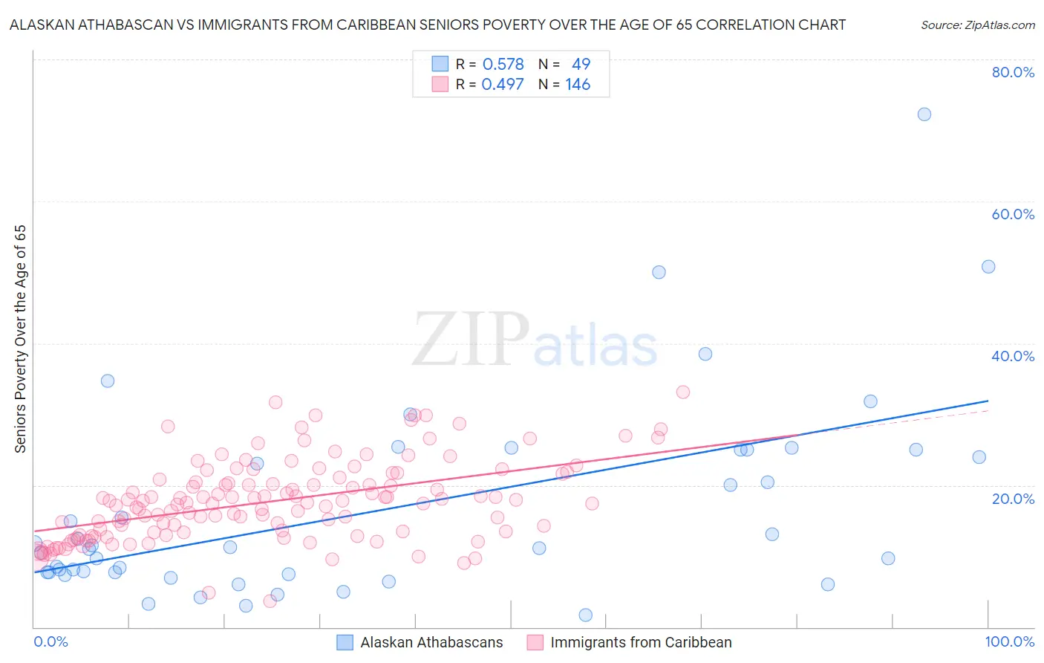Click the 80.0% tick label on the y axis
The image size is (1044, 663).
tap(1013, 72)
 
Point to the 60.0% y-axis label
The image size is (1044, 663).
tap(1013, 214)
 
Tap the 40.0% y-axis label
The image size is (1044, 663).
tap(1013, 356)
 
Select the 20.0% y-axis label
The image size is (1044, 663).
tap(1013, 498)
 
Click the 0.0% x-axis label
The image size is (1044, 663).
tap(50, 641)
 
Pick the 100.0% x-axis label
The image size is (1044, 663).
tap(1009, 641)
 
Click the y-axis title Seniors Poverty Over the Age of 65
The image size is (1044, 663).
tap(20, 339)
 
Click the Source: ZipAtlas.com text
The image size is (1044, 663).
tap(977, 25)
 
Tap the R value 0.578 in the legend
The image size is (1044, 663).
tap(503, 64)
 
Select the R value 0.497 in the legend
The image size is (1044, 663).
tap(503, 84)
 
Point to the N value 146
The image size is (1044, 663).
tap(578, 84)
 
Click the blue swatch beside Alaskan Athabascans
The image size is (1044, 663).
tap(345, 642)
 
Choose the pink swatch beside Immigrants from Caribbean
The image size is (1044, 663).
tap(535, 642)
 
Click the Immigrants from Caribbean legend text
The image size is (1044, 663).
tap(641, 642)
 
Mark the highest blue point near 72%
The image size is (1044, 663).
tap(924, 114)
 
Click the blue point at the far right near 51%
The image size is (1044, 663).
tap(988, 267)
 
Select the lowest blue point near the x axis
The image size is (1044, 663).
tap(585, 615)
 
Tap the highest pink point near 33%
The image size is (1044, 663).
tap(682, 392)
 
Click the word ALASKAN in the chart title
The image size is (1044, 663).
tap(43, 25)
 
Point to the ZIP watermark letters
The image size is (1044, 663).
tap(471, 340)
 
